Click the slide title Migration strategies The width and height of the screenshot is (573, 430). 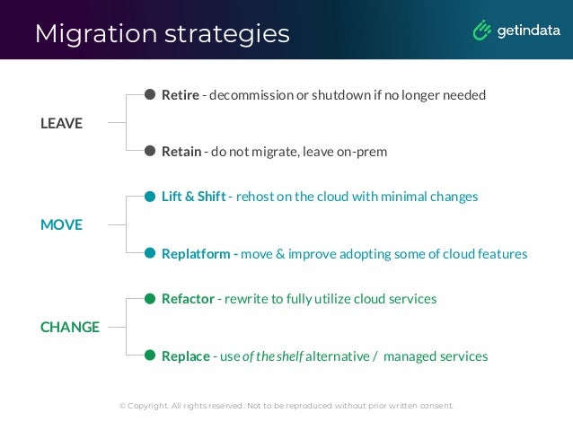click(162, 33)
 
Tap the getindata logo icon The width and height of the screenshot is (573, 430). click(481, 31)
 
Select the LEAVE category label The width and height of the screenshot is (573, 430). click(61, 123)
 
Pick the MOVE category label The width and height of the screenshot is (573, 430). click(61, 224)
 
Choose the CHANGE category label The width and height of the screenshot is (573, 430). click(70, 327)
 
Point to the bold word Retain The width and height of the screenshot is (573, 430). click(181, 152)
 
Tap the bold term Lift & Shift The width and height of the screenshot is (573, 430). click(193, 196)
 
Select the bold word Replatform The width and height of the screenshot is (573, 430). click(197, 254)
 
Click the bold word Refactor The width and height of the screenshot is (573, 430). click(188, 298)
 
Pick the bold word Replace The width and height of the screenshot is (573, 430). click(186, 356)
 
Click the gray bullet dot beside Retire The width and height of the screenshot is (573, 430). click(151, 94)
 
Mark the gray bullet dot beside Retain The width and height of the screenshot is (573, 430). click(151, 151)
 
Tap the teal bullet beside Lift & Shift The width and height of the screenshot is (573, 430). click(151, 196)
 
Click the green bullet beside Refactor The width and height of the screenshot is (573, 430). click(151, 298)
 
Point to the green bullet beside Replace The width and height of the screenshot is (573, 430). click(151, 355)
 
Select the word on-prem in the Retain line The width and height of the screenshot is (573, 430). click(362, 152)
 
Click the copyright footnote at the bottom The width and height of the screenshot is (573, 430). click(286, 406)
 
